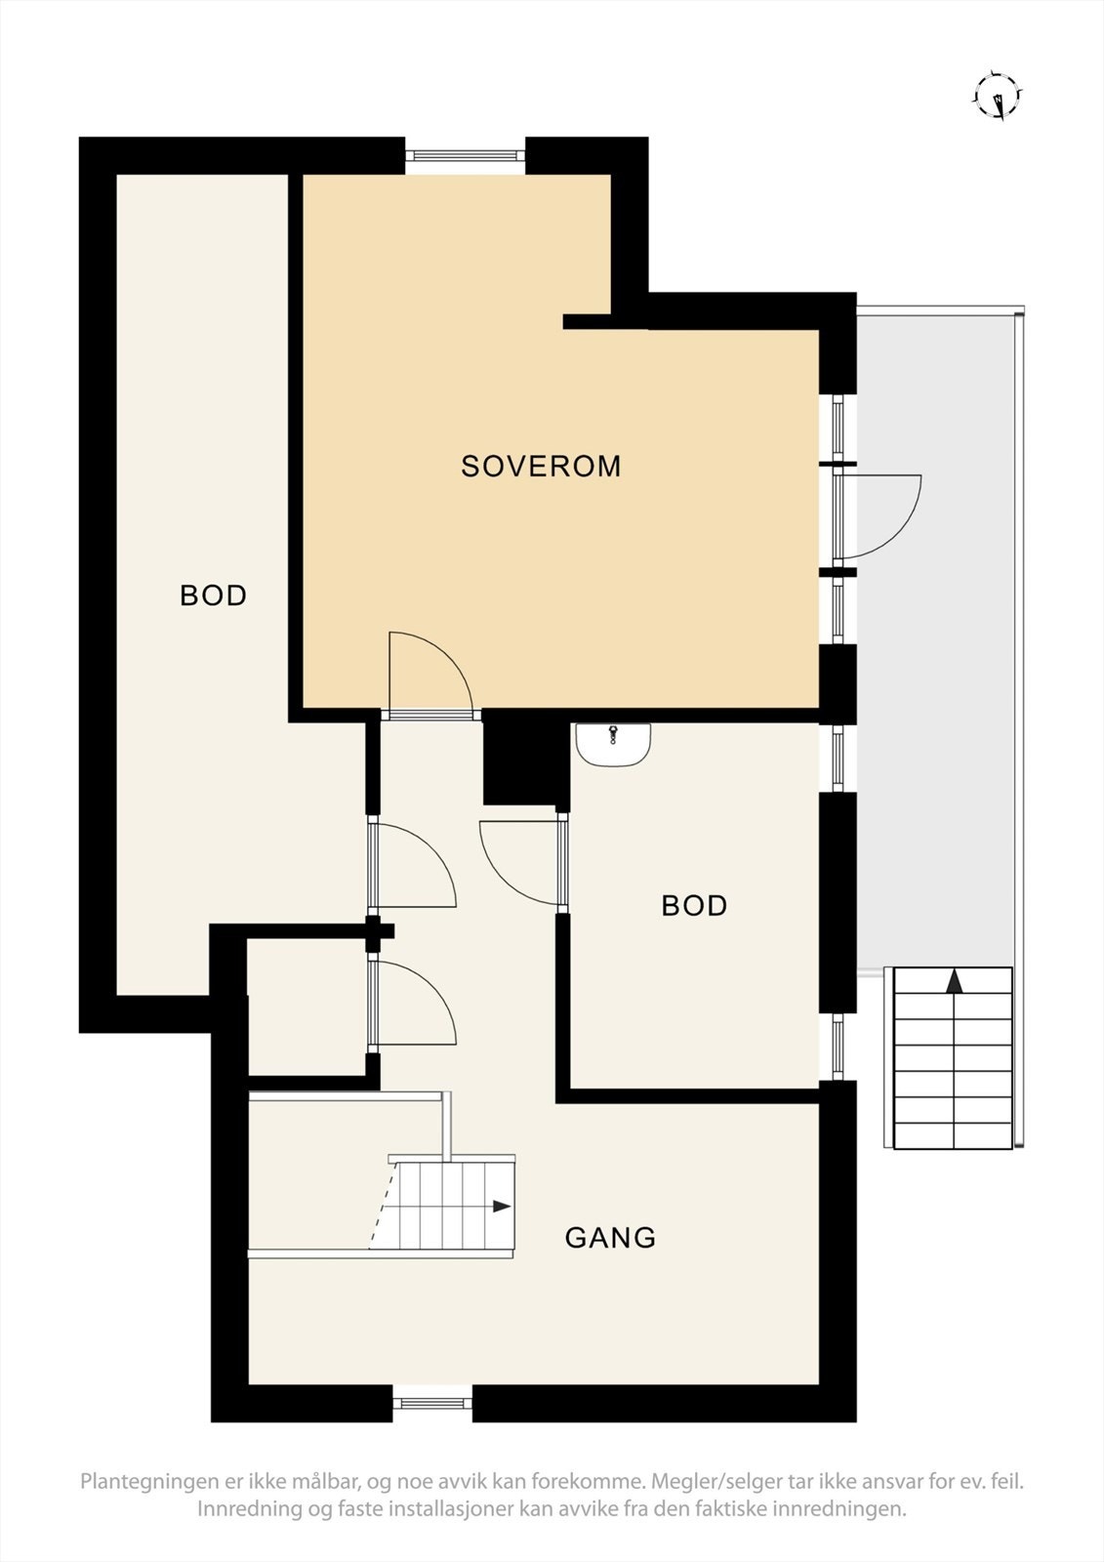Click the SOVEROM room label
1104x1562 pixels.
[541, 467]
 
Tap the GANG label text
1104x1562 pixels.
[610, 1238]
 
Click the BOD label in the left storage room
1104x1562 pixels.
[213, 596]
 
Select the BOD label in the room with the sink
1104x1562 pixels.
[694, 906]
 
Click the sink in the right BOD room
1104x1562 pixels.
[613, 744]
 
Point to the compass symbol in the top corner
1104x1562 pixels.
[998, 96]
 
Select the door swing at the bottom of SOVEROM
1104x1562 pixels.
[429, 674]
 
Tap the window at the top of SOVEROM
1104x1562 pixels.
[465, 154]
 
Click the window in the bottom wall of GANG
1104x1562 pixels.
[432, 1404]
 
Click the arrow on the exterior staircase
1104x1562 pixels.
[954, 981]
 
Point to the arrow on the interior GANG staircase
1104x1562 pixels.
[501, 1207]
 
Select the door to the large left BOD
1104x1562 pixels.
[415, 865]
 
